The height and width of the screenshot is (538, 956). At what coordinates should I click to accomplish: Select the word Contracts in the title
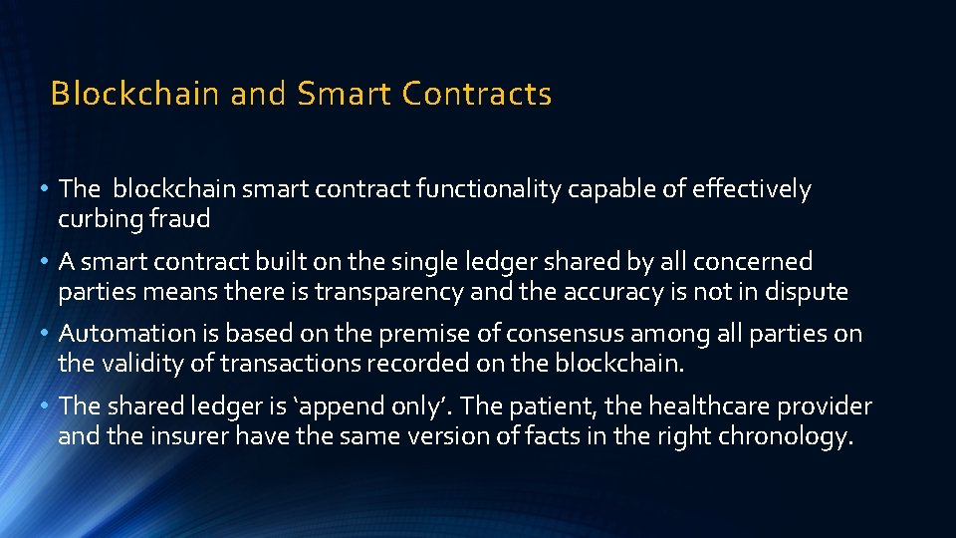477,94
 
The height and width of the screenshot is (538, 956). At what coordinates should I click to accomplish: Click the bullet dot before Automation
49,333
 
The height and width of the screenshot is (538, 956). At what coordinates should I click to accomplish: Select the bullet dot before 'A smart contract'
49,262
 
